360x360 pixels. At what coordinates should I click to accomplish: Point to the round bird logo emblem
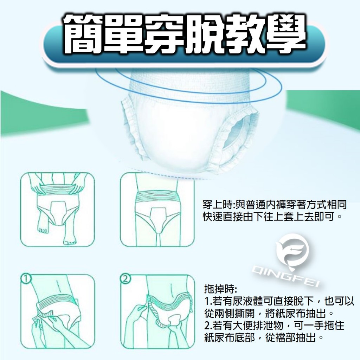pyautogui.click(x=292, y=251)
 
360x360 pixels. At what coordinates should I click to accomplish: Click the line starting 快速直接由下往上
pyautogui.click(x=271, y=216)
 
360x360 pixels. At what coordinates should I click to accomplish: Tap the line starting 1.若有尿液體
pyautogui.click(x=279, y=301)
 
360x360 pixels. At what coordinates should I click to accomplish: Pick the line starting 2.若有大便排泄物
pyautogui.click(x=274, y=325)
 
